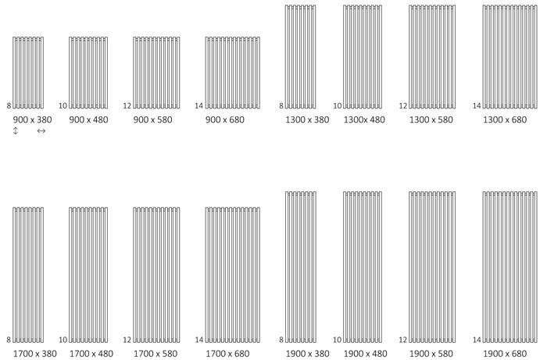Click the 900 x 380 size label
[33, 120]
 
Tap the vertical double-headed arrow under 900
[16, 131]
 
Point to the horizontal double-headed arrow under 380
[41, 131]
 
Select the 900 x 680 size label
[225, 120]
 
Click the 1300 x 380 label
[307, 120]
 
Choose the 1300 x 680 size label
[505, 120]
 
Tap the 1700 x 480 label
[91, 354]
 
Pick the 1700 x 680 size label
[228, 354]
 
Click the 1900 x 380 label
[308, 354]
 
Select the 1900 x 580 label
[431, 354]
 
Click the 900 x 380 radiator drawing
[28, 73]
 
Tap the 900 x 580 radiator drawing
[156, 73]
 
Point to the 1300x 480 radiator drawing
[363, 57]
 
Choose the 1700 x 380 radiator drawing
[28, 275]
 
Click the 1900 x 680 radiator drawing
[510, 267]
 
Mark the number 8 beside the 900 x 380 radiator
[9, 105]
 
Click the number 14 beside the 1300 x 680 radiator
[477, 105]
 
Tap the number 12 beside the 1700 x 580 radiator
[127, 340]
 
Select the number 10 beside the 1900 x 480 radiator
[338, 340]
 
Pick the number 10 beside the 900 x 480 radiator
[63, 105]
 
